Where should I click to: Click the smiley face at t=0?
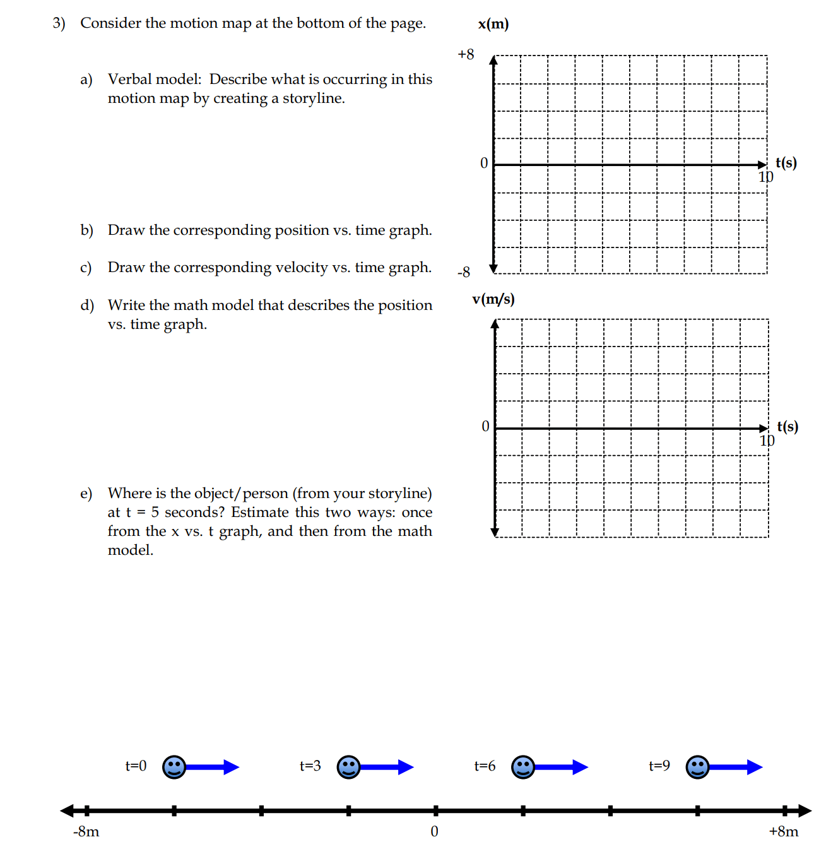pos(174,767)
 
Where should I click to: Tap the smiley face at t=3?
pos(348,767)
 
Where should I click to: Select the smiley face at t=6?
pos(522,767)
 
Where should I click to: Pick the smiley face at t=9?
pos(697,767)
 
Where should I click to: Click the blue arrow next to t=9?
pos(736,767)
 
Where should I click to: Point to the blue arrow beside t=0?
pos(213,767)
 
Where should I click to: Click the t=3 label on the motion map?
pos(310,766)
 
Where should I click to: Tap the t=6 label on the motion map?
pos(485,766)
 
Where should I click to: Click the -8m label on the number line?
pos(86,831)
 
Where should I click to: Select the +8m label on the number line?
pos(783,831)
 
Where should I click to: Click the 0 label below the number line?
pos(434,831)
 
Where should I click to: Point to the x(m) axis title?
pos(493,24)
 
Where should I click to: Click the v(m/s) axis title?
pos(493,299)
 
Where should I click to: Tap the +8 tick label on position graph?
pos(466,54)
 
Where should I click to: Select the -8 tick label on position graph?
pos(464,272)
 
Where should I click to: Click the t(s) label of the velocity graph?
pos(787,427)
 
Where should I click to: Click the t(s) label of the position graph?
pos(786,163)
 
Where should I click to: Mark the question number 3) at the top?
pos(59,23)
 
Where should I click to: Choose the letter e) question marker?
pos(86,493)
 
